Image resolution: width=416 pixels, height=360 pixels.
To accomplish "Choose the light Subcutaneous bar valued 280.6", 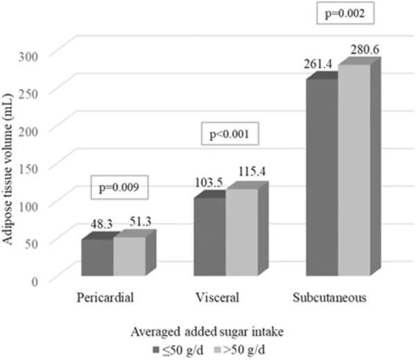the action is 354,170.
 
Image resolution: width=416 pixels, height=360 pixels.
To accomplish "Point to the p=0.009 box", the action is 119,187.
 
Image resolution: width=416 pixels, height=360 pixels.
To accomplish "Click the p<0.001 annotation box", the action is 229,134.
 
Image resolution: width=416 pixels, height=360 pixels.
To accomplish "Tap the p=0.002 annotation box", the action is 345,12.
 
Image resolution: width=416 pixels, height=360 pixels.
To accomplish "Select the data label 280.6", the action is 365,50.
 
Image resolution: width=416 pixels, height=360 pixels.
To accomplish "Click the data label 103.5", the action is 209,182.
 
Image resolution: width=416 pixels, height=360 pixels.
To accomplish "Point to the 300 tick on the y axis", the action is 28,56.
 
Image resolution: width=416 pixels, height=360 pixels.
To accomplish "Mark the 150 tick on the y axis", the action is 28,169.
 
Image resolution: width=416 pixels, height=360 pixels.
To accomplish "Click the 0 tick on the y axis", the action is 35,282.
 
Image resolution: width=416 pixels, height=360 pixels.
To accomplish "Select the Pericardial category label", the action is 105,298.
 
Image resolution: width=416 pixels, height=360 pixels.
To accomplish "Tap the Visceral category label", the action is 217,298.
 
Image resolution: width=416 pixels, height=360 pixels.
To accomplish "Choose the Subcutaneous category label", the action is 329,298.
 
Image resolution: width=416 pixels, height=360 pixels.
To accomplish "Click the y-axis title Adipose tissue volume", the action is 8,169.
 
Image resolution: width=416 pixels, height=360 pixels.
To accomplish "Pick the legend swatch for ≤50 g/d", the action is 156,350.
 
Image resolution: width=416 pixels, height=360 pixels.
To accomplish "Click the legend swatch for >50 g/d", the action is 217,350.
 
